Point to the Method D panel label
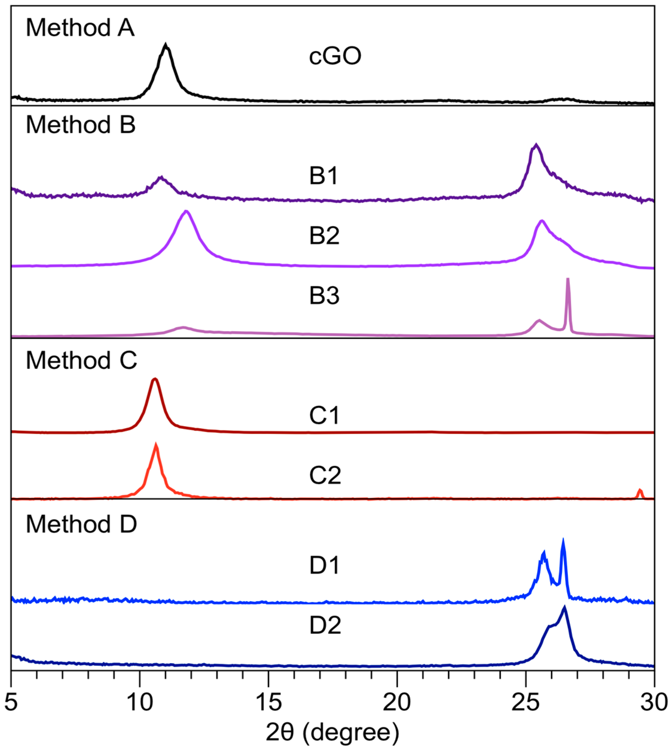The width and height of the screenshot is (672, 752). (81, 524)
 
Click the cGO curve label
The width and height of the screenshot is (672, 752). (335, 57)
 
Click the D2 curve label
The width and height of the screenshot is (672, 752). (325, 625)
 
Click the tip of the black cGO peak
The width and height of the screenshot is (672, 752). (166, 46)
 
